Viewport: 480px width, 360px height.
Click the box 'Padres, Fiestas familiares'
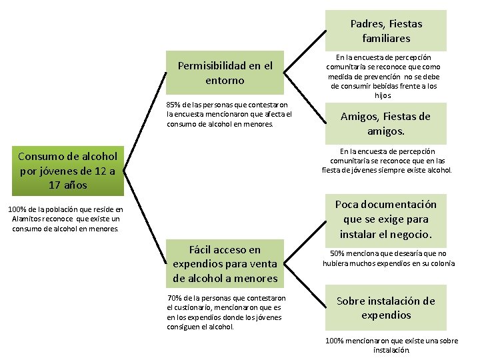coord(386,31)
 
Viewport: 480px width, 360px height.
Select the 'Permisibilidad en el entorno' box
coord(225,73)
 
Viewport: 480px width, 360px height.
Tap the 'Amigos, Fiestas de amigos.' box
coord(385,123)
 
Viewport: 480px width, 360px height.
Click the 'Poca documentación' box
coord(385,219)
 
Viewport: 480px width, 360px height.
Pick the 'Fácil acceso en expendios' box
coord(225,264)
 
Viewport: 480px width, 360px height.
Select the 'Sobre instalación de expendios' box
coord(385,308)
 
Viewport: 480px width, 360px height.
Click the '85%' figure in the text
coord(173,105)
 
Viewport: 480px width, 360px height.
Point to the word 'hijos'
coord(383,95)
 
